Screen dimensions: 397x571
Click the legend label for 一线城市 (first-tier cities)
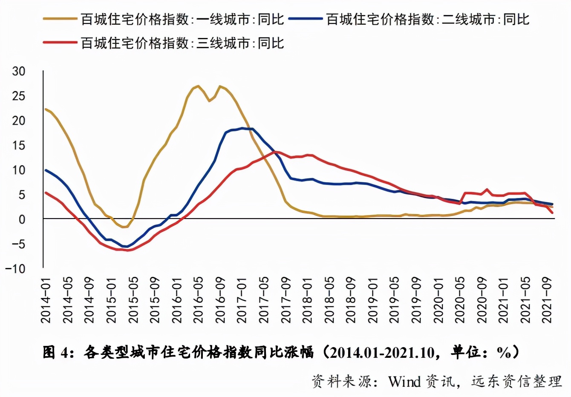click(182, 19)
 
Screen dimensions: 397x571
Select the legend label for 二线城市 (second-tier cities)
click(428, 19)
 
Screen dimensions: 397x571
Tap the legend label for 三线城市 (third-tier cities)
click(182, 43)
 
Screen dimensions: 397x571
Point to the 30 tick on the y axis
click(19, 71)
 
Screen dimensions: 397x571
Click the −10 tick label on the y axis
click(15, 269)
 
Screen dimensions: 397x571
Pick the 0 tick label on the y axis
click(22, 219)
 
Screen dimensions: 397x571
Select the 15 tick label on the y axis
click(19, 145)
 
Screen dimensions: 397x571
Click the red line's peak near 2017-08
click(275, 152)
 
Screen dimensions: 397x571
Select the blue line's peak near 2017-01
click(242, 128)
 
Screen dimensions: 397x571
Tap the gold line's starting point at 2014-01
click(46, 109)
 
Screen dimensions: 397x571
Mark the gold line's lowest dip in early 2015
click(124, 227)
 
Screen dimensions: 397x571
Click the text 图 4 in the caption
click(56, 353)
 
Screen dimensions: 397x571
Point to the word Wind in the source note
click(404, 381)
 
